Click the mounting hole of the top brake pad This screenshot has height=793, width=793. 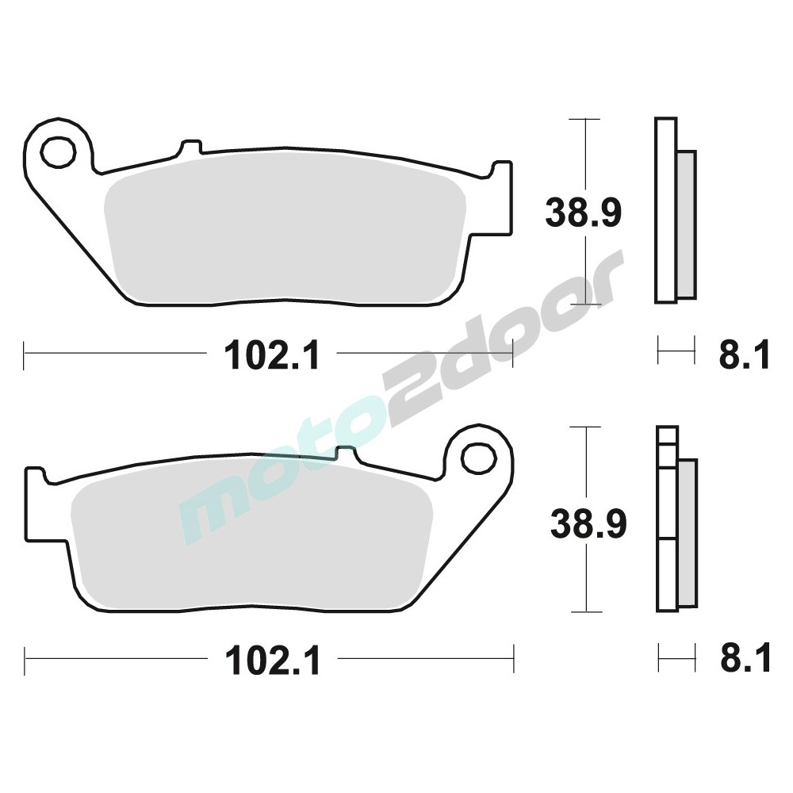coord(57,151)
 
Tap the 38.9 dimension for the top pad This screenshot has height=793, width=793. coord(583,213)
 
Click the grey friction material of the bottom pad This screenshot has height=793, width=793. coord(252,541)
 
